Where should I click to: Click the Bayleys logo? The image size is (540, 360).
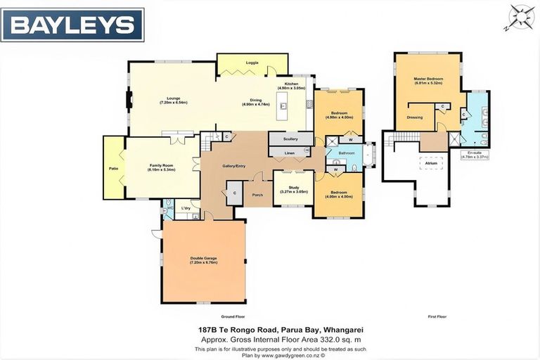[x=72, y=25]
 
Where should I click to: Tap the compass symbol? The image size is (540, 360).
[x=522, y=15]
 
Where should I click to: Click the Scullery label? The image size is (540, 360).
[x=291, y=139]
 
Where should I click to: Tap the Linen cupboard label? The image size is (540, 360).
[x=289, y=152]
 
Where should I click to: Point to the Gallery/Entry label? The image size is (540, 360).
[x=234, y=166]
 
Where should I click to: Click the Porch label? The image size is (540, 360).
[x=257, y=195]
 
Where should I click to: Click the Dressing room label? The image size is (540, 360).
[x=414, y=117]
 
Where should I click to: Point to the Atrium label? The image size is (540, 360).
[x=430, y=163]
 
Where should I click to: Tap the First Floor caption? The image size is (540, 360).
[x=437, y=316]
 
